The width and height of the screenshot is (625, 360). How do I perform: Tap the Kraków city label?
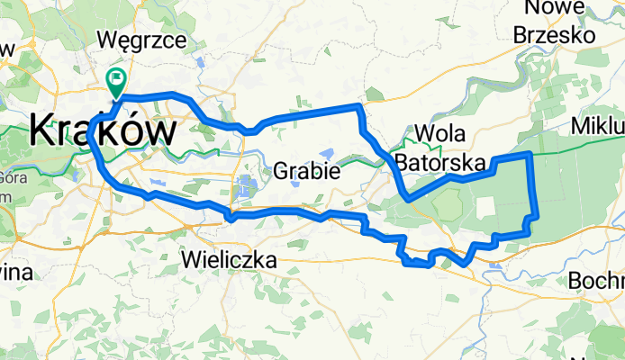102,131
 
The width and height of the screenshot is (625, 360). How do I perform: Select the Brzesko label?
555,35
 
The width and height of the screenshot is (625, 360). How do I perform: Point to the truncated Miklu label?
598,124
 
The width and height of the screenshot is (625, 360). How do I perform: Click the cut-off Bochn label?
597,281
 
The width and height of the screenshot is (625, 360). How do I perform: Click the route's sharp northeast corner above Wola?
360,107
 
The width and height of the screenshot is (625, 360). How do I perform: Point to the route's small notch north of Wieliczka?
231,216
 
